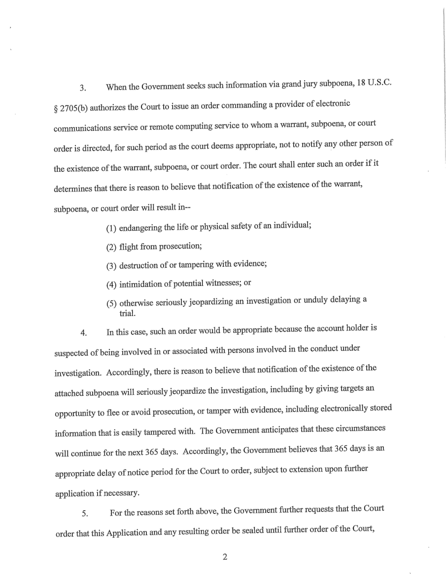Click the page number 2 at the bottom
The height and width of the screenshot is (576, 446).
[224, 557]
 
